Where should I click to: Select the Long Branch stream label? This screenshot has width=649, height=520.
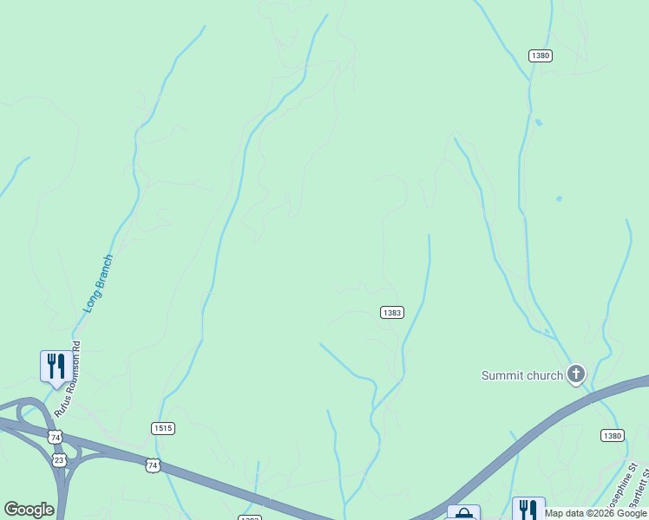(98, 283)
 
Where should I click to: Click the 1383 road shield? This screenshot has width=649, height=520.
(391, 313)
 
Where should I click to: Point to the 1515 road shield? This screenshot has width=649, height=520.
(162, 428)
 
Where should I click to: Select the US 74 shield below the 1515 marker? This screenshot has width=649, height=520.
(153, 466)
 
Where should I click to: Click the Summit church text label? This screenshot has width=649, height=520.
(521, 375)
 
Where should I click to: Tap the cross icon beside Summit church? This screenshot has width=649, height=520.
(574, 374)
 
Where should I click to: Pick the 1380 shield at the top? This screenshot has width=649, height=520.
(540, 55)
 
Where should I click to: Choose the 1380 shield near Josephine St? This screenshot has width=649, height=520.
(613, 436)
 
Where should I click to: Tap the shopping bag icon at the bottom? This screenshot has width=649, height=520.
(463, 513)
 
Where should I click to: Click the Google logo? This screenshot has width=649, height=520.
(29, 510)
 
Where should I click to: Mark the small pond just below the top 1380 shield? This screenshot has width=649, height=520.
(539, 122)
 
